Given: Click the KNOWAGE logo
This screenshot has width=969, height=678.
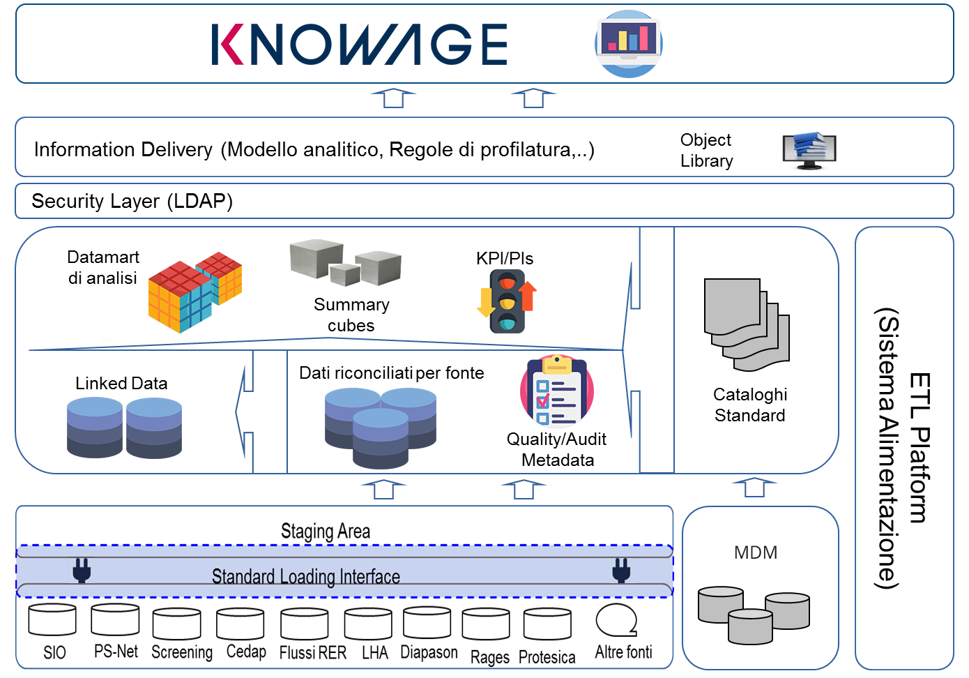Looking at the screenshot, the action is (359, 44).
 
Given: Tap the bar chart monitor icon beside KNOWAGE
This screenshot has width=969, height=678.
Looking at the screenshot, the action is (629, 43).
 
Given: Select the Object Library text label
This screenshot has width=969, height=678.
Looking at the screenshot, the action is (706, 150).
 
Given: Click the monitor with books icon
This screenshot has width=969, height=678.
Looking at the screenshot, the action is (809, 150).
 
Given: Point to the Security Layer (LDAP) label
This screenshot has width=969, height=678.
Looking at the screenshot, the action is (132, 202).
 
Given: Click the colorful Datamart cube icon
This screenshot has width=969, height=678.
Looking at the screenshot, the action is (194, 292).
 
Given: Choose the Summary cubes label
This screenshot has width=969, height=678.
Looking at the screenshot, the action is (351, 315).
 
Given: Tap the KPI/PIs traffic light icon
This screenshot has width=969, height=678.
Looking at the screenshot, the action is (507, 301).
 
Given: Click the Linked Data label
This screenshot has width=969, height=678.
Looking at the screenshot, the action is (121, 383).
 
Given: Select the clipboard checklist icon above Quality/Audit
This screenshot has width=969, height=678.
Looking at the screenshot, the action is (557, 391).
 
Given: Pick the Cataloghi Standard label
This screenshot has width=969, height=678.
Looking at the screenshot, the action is (749, 405).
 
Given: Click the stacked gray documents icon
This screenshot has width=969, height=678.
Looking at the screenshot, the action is (747, 325).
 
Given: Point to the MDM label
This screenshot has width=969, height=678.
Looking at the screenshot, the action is (756, 552).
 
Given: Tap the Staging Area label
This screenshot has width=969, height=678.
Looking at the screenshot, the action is (326, 532).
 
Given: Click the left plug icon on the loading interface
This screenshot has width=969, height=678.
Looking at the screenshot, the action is (82, 570).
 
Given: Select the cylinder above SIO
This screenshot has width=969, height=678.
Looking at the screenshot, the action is (52, 620).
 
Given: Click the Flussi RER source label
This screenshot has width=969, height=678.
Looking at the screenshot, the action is (313, 652).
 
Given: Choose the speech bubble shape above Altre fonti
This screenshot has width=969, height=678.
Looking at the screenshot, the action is (616, 620).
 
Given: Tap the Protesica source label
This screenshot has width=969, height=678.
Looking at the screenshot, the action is (547, 657).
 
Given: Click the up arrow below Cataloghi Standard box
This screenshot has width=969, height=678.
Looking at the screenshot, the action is (754, 487).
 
